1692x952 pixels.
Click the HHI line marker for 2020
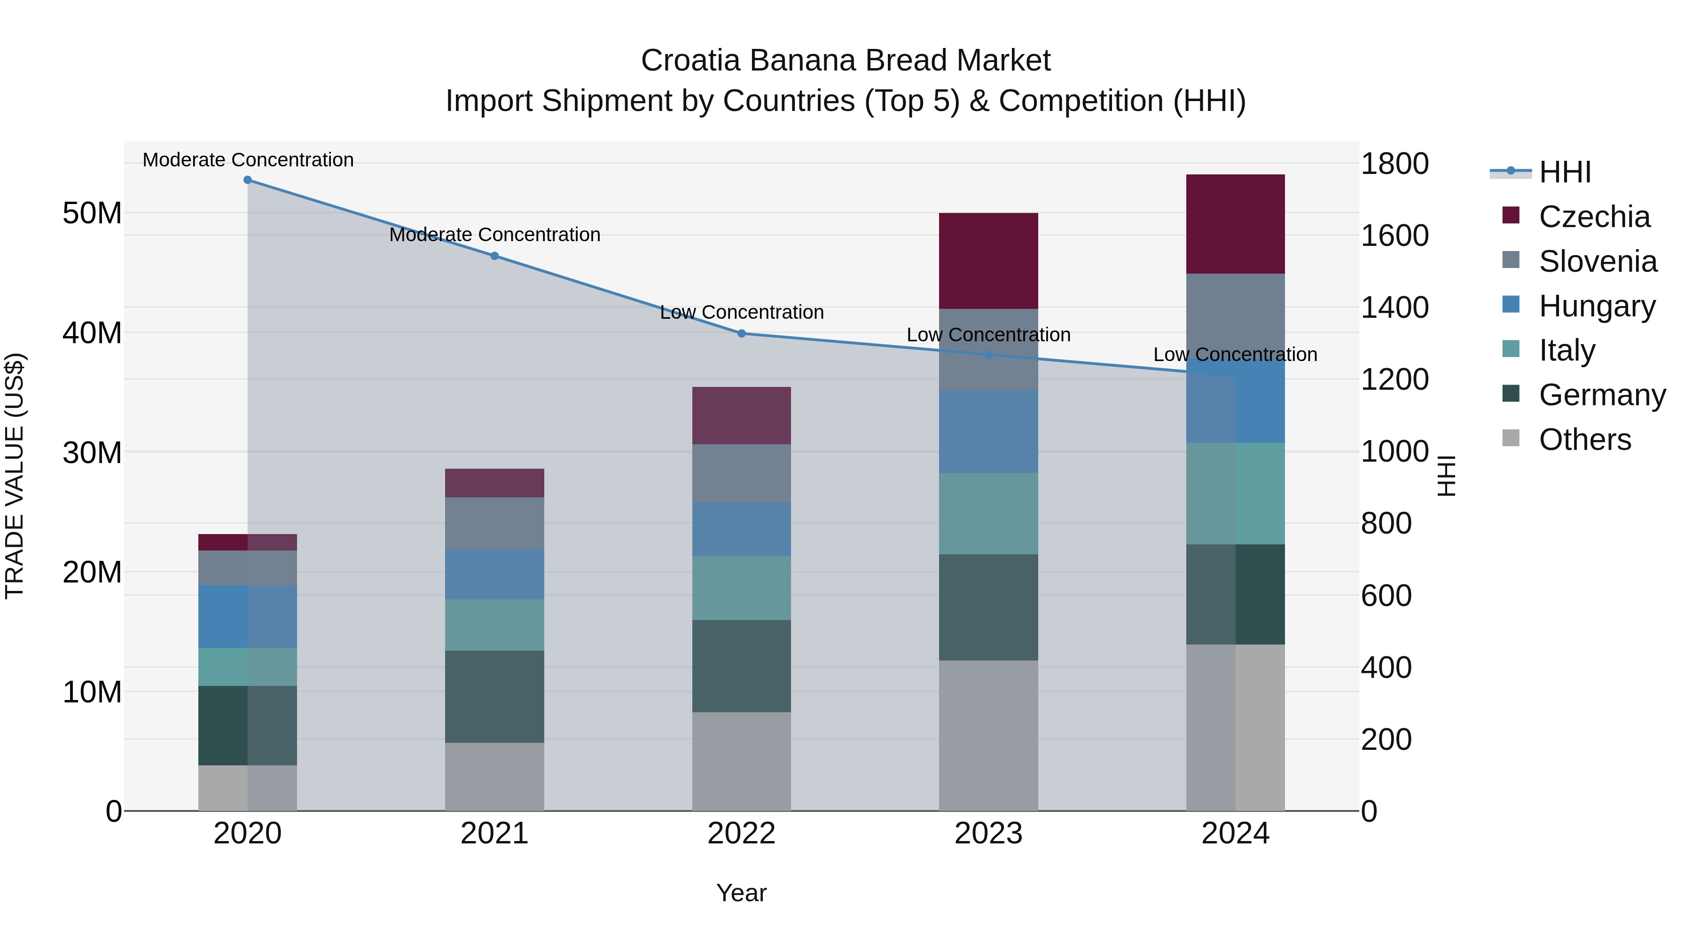click(x=248, y=180)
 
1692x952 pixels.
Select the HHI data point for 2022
click(x=742, y=334)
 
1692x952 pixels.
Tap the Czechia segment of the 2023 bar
click(x=988, y=261)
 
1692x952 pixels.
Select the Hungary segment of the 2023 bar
click(x=988, y=432)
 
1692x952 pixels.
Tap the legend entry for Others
click(x=1584, y=440)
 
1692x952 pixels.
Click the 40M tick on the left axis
click(x=92, y=333)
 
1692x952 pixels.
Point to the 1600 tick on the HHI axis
click(x=1394, y=236)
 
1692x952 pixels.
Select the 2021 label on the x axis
click(x=494, y=834)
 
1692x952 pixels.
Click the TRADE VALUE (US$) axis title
click(x=15, y=476)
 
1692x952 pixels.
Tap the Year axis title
click(x=742, y=893)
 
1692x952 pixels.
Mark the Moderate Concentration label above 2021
click(x=494, y=235)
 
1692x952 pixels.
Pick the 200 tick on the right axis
click(x=1386, y=739)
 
